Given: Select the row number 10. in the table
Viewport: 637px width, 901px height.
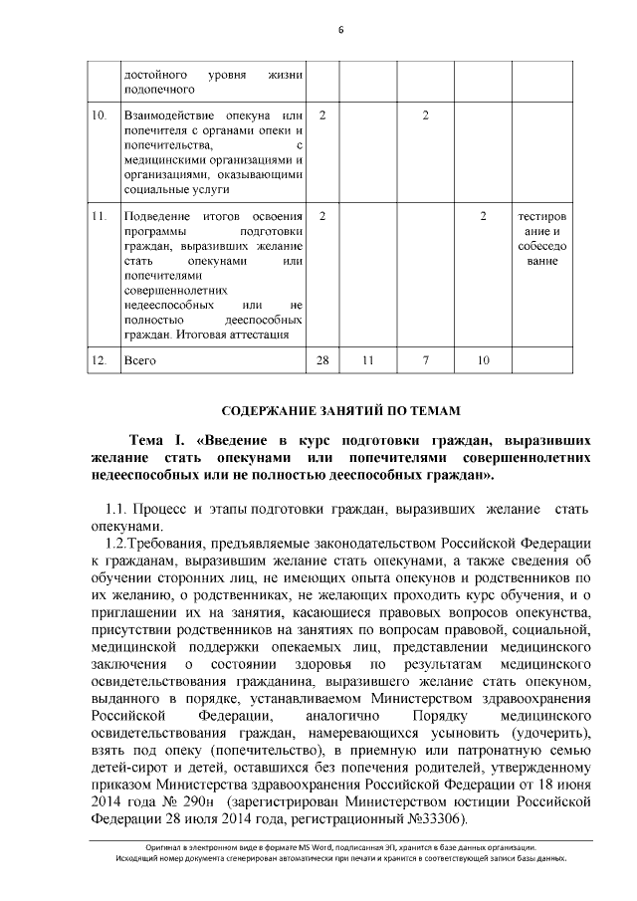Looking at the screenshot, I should pos(99,117).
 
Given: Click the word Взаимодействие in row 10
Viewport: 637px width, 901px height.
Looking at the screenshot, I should pos(165,117).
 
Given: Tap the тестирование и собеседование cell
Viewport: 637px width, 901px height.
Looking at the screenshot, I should pos(542,239).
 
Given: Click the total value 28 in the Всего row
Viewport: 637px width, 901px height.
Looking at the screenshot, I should pos(321,359).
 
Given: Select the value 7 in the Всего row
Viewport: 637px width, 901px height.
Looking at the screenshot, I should pos(425,359).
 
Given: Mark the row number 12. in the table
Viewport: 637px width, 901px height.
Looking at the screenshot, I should pos(99,359).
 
